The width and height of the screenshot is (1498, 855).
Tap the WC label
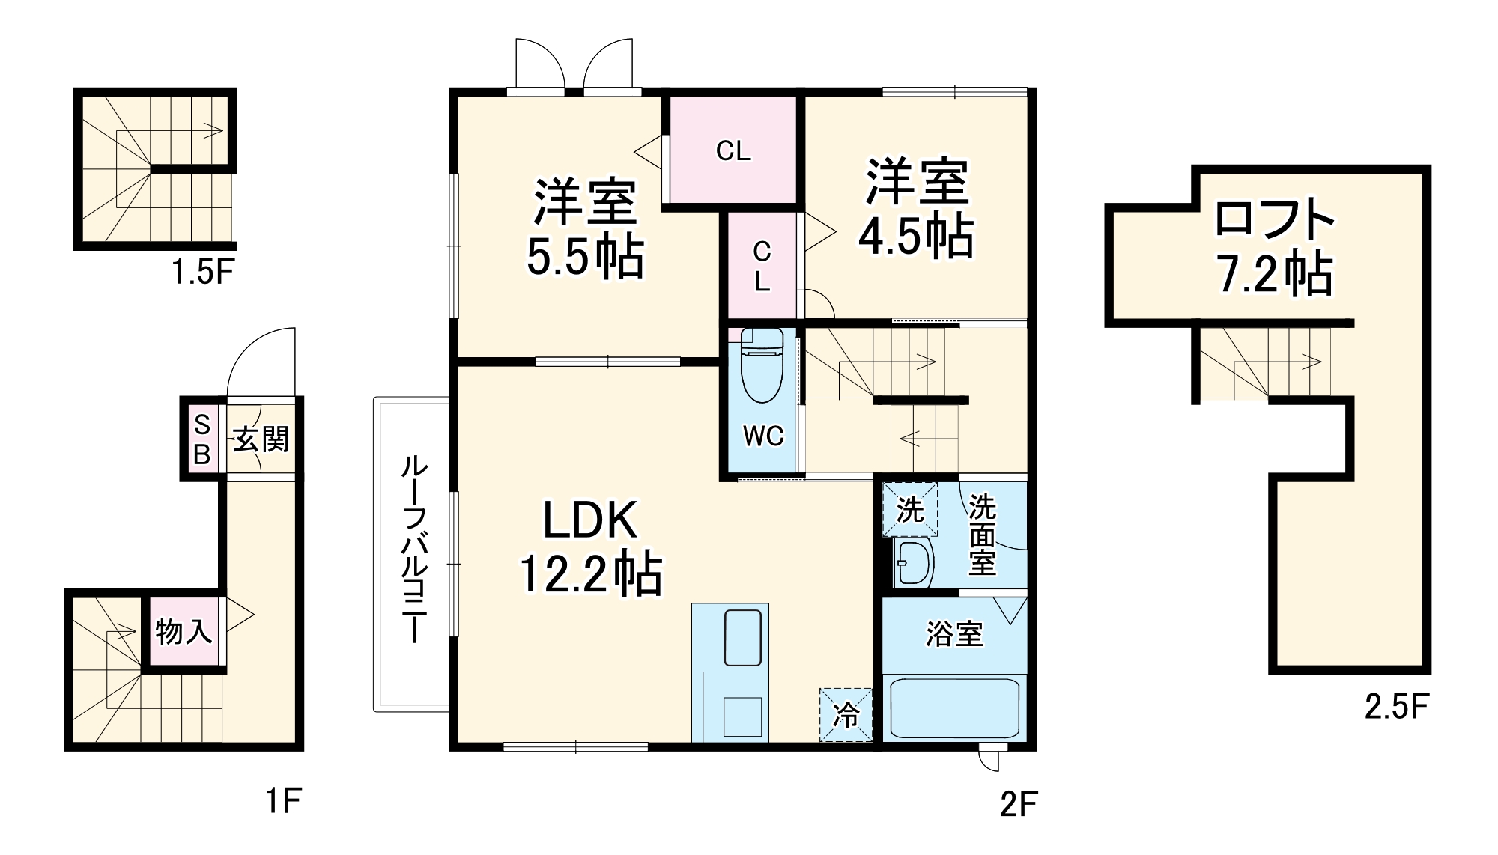pos(763,436)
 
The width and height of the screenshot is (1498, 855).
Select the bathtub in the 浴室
pos(953,707)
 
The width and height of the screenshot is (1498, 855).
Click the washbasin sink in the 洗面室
pos(913,562)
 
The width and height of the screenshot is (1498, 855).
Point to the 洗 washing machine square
pos(910,510)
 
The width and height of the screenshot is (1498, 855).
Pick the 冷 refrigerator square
pos(846,715)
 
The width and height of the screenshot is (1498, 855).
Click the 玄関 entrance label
pos(261,439)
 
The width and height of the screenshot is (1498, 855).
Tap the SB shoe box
pos(202,439)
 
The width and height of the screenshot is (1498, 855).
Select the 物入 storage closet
pos(183,631)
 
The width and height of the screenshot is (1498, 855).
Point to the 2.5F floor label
pos(1397,706)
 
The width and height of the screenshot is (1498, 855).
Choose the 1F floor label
pos(283,802)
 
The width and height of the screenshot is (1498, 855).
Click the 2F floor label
pos(1018,804)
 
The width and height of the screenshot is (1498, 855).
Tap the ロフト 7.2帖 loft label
pos(1274,247)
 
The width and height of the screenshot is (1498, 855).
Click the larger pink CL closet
pos(733,150)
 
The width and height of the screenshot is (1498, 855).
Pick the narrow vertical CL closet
pos(762,266)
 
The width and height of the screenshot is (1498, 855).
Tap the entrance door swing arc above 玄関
pos(258,363)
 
